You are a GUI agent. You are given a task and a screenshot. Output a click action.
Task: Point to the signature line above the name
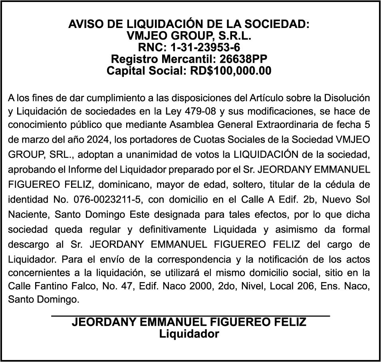(190, 316)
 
